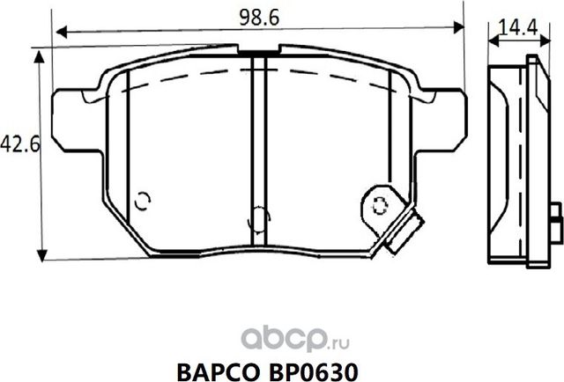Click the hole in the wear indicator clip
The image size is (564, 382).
pyautogui.click(x=381, y=207)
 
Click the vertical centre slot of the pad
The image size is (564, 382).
pyautogui.click(x=258, y=141)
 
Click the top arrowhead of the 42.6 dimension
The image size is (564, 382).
pyautogui.click(x=39, y=55)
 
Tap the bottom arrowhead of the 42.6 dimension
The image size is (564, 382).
pyautogui.click(x=39, y=255)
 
